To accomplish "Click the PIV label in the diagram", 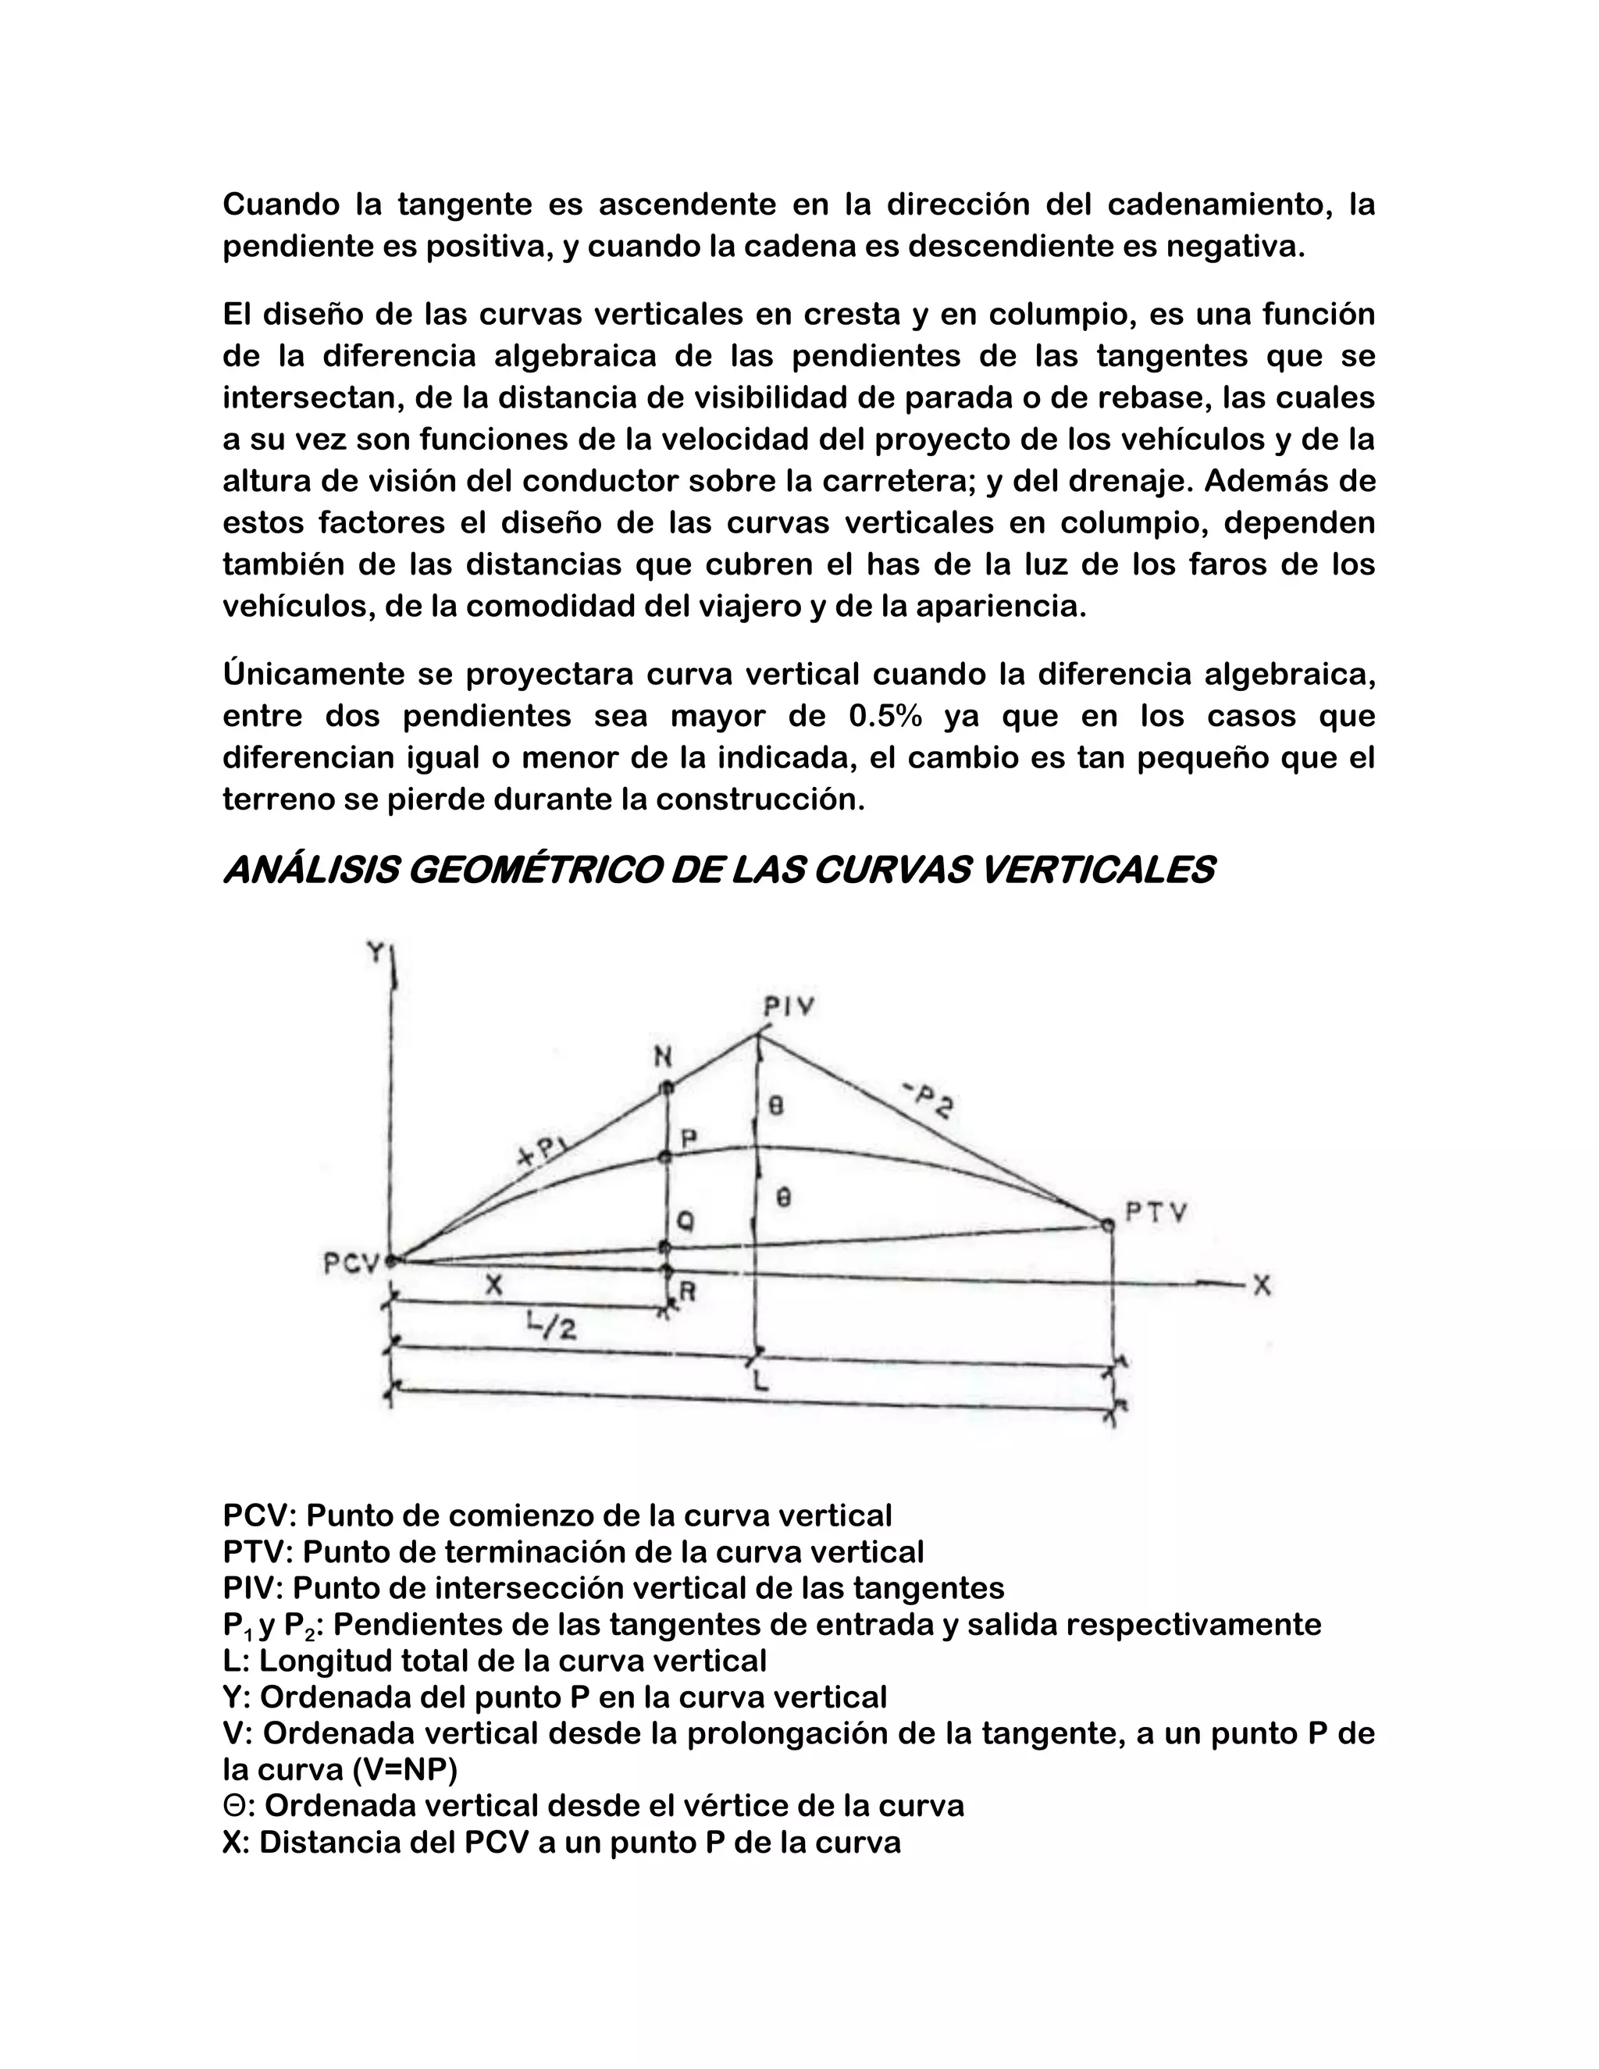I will [788, 1006].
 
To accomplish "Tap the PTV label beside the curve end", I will [1156, 1213].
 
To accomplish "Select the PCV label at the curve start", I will [351, 1264].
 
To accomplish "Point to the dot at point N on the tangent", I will [666, 1087].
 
